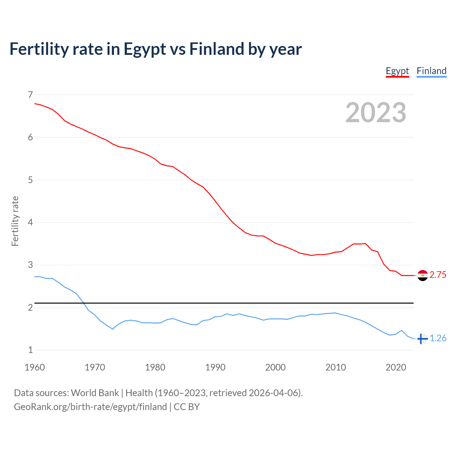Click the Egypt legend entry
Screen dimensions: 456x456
[x=397, y=71]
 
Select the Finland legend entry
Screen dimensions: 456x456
[x=431, y=71]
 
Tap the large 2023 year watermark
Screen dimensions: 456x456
[x=376, y=113]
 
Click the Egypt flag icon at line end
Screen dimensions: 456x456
[x=423, y=275]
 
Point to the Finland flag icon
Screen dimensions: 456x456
[x=423, y=338]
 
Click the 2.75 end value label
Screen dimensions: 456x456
[x=438, y=275]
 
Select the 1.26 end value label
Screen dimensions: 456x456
[x=438, y=338]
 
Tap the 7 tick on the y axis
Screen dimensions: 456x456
[x=30, y=95]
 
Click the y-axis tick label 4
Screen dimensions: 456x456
[x=30, y=222]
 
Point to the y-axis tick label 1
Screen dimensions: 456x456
[x=30, y=350]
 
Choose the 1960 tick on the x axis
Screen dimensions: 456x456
[x=35, y=367]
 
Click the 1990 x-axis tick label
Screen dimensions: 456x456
[x=215, y=367]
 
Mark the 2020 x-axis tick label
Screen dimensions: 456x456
[x=396, y=367]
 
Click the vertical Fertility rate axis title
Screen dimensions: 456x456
[x=15, y=221]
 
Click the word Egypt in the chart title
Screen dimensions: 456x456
[x=145, y=49]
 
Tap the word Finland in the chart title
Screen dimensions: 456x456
[x=216, y=49]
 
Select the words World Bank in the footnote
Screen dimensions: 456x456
[x=95, y=393]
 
